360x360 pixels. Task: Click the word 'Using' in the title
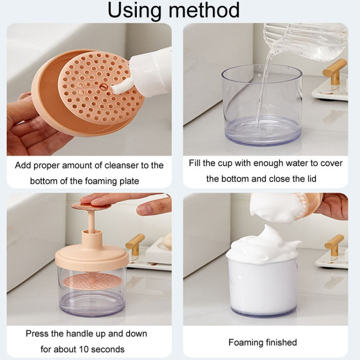[134, 10]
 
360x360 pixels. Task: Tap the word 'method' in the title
[204, 10]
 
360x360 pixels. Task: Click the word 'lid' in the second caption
[312, 179]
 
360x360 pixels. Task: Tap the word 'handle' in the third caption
[82, 334]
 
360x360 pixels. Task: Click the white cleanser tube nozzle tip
[116, 90]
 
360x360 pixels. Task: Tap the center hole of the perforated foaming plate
[103, 87]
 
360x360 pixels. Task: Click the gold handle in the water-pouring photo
[335, 70]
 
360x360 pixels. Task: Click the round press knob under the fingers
[91, 206]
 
